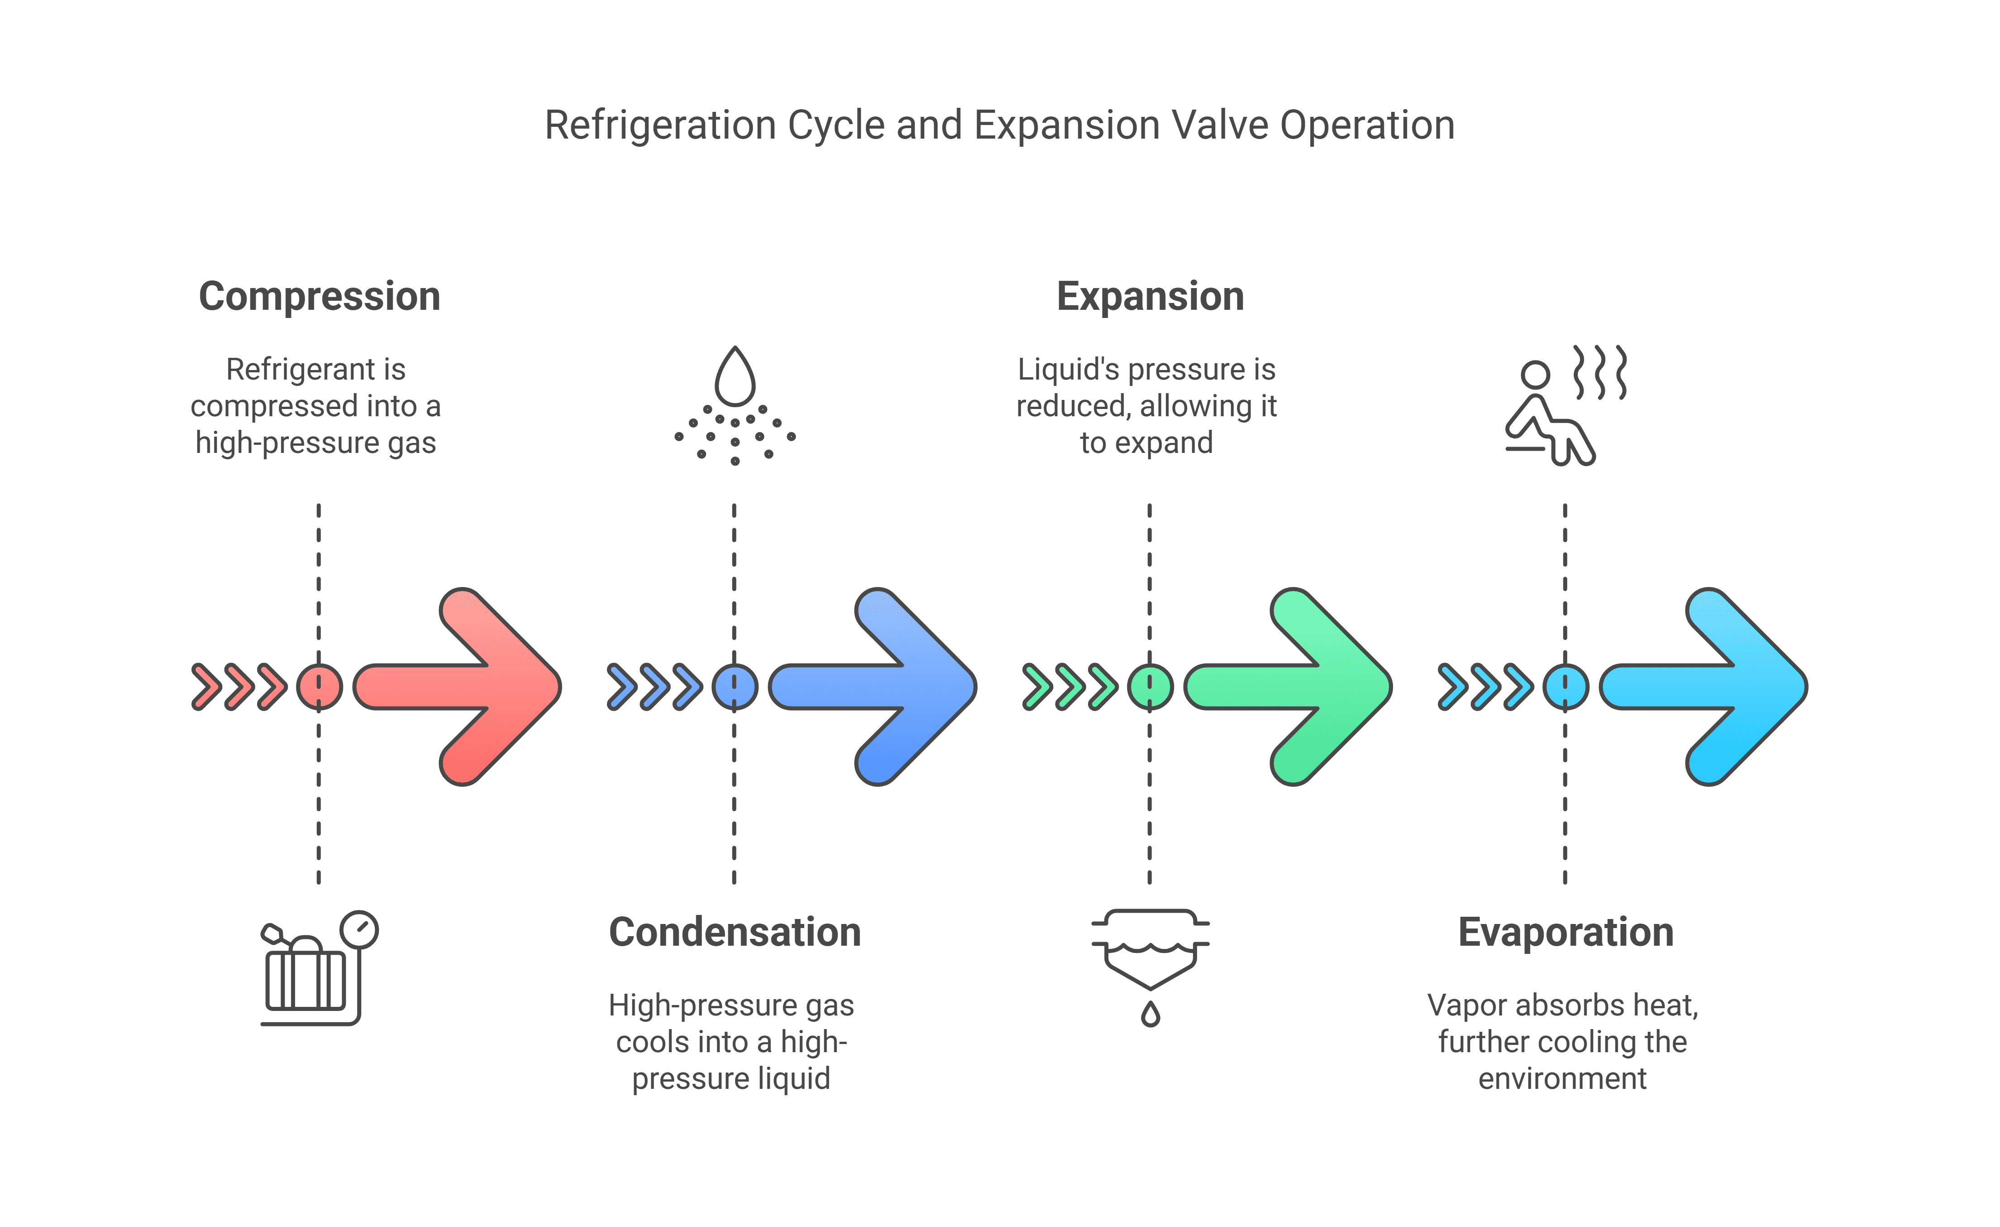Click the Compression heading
[x=319, y=296]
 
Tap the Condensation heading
[x=735, y=932]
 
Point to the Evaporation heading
[x=1566, y=932]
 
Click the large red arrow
[x=471, y=687]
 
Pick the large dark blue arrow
[x=886, y=687]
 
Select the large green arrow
[x=1302, y=687]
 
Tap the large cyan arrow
[x=1718, y=687]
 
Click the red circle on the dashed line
[x=319, y=687]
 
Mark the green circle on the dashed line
[x=1150, y=687]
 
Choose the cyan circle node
[x=1566, y=687]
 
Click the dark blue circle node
[x=735, y=687]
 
